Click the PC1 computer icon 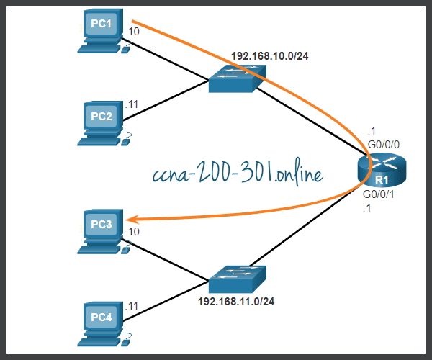point(103,31)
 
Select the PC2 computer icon point(103,123)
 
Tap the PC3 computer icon point(103,231)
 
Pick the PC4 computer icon point(103,324)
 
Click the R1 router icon point(382,171)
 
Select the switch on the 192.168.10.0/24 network point(238,78)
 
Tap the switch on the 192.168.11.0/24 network point(238,279)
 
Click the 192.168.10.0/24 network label point(270,56)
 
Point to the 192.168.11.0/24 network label point(236,302)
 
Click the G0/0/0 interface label point(384,145)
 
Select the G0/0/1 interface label point(379,194)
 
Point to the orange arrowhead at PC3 point(131,220)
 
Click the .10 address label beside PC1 point(132,32)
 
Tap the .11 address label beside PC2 point(132,104)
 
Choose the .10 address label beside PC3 point(132,232)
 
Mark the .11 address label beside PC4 point(132,306)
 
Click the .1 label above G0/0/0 point(372,130)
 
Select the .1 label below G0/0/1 point(366,208)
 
